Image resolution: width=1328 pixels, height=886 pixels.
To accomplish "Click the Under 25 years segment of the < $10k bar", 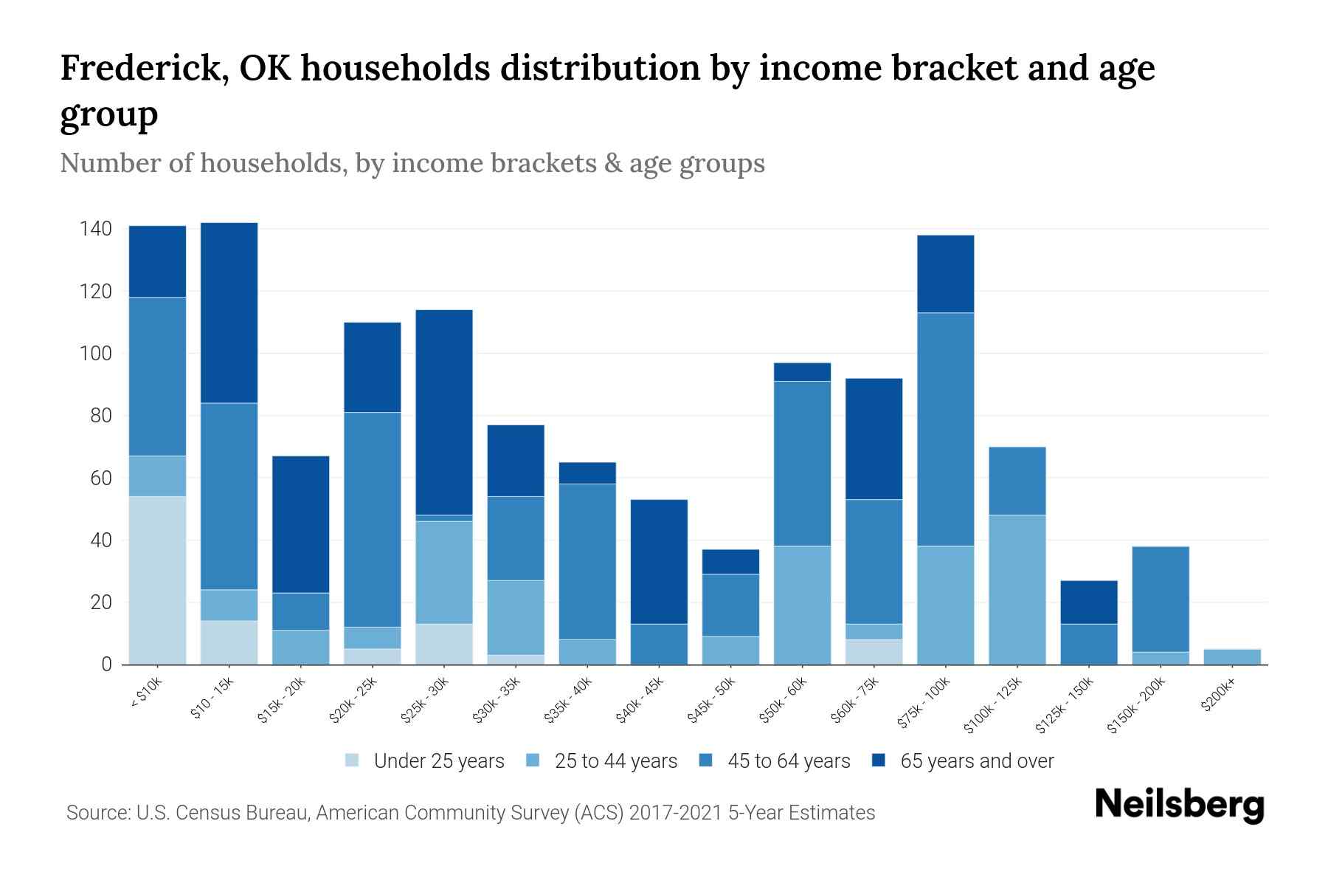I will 157,580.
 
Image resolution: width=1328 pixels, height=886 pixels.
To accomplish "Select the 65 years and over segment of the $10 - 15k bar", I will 229,312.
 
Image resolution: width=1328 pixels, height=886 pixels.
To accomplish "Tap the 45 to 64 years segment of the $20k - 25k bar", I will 373,519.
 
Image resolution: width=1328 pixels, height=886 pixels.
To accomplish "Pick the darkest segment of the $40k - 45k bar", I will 659,561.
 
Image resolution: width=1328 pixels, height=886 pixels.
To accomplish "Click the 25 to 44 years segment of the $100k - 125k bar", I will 1017,589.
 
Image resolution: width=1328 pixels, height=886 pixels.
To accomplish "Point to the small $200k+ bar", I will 1232,656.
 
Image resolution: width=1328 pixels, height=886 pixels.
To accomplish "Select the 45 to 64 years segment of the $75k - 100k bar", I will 946,429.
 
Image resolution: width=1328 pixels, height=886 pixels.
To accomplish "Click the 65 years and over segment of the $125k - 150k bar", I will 1089,602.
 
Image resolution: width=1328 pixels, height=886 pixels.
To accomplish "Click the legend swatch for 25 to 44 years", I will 533,760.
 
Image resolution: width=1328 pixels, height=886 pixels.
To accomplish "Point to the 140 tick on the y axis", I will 96,229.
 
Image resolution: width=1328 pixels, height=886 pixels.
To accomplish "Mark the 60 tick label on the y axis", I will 101,478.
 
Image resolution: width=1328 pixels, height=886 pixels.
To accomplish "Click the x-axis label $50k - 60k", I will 784,700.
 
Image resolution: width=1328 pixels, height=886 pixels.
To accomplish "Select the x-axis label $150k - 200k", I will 1137,705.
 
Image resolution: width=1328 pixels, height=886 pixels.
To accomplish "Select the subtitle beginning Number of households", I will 412,163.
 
